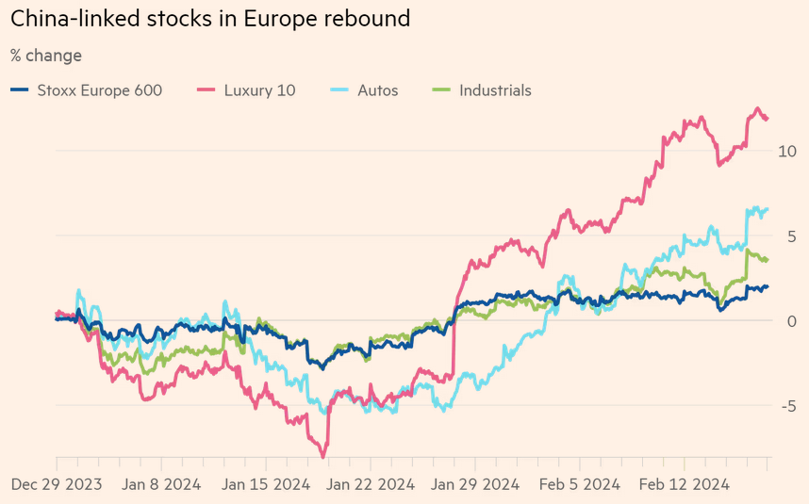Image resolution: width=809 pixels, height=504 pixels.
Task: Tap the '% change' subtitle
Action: click(x=46, y=56)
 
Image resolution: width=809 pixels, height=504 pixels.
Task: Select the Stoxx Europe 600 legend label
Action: click(x=99, y=90)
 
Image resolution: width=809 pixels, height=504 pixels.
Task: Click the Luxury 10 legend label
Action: click(x=259, y=90)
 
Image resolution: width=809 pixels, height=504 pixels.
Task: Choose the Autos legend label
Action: click(x=377, y=90)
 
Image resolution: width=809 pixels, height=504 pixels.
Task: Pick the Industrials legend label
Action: click(x=495, y=90)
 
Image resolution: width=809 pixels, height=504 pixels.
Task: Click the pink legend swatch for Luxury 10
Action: click(x=206, y=90)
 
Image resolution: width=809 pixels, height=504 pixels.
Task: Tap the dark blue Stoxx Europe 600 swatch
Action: click(x=20, y=90)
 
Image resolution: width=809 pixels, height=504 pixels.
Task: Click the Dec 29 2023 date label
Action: click(x=58, y=485)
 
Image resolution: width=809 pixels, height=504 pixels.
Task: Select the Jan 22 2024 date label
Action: click(x=369, y=485)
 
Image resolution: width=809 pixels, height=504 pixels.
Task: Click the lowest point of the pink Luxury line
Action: click(x=324, y=457)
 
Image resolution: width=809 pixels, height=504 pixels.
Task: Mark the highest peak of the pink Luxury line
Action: click(x=758, y=108)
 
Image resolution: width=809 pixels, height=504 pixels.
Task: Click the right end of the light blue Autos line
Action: click(x=768, y=208)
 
